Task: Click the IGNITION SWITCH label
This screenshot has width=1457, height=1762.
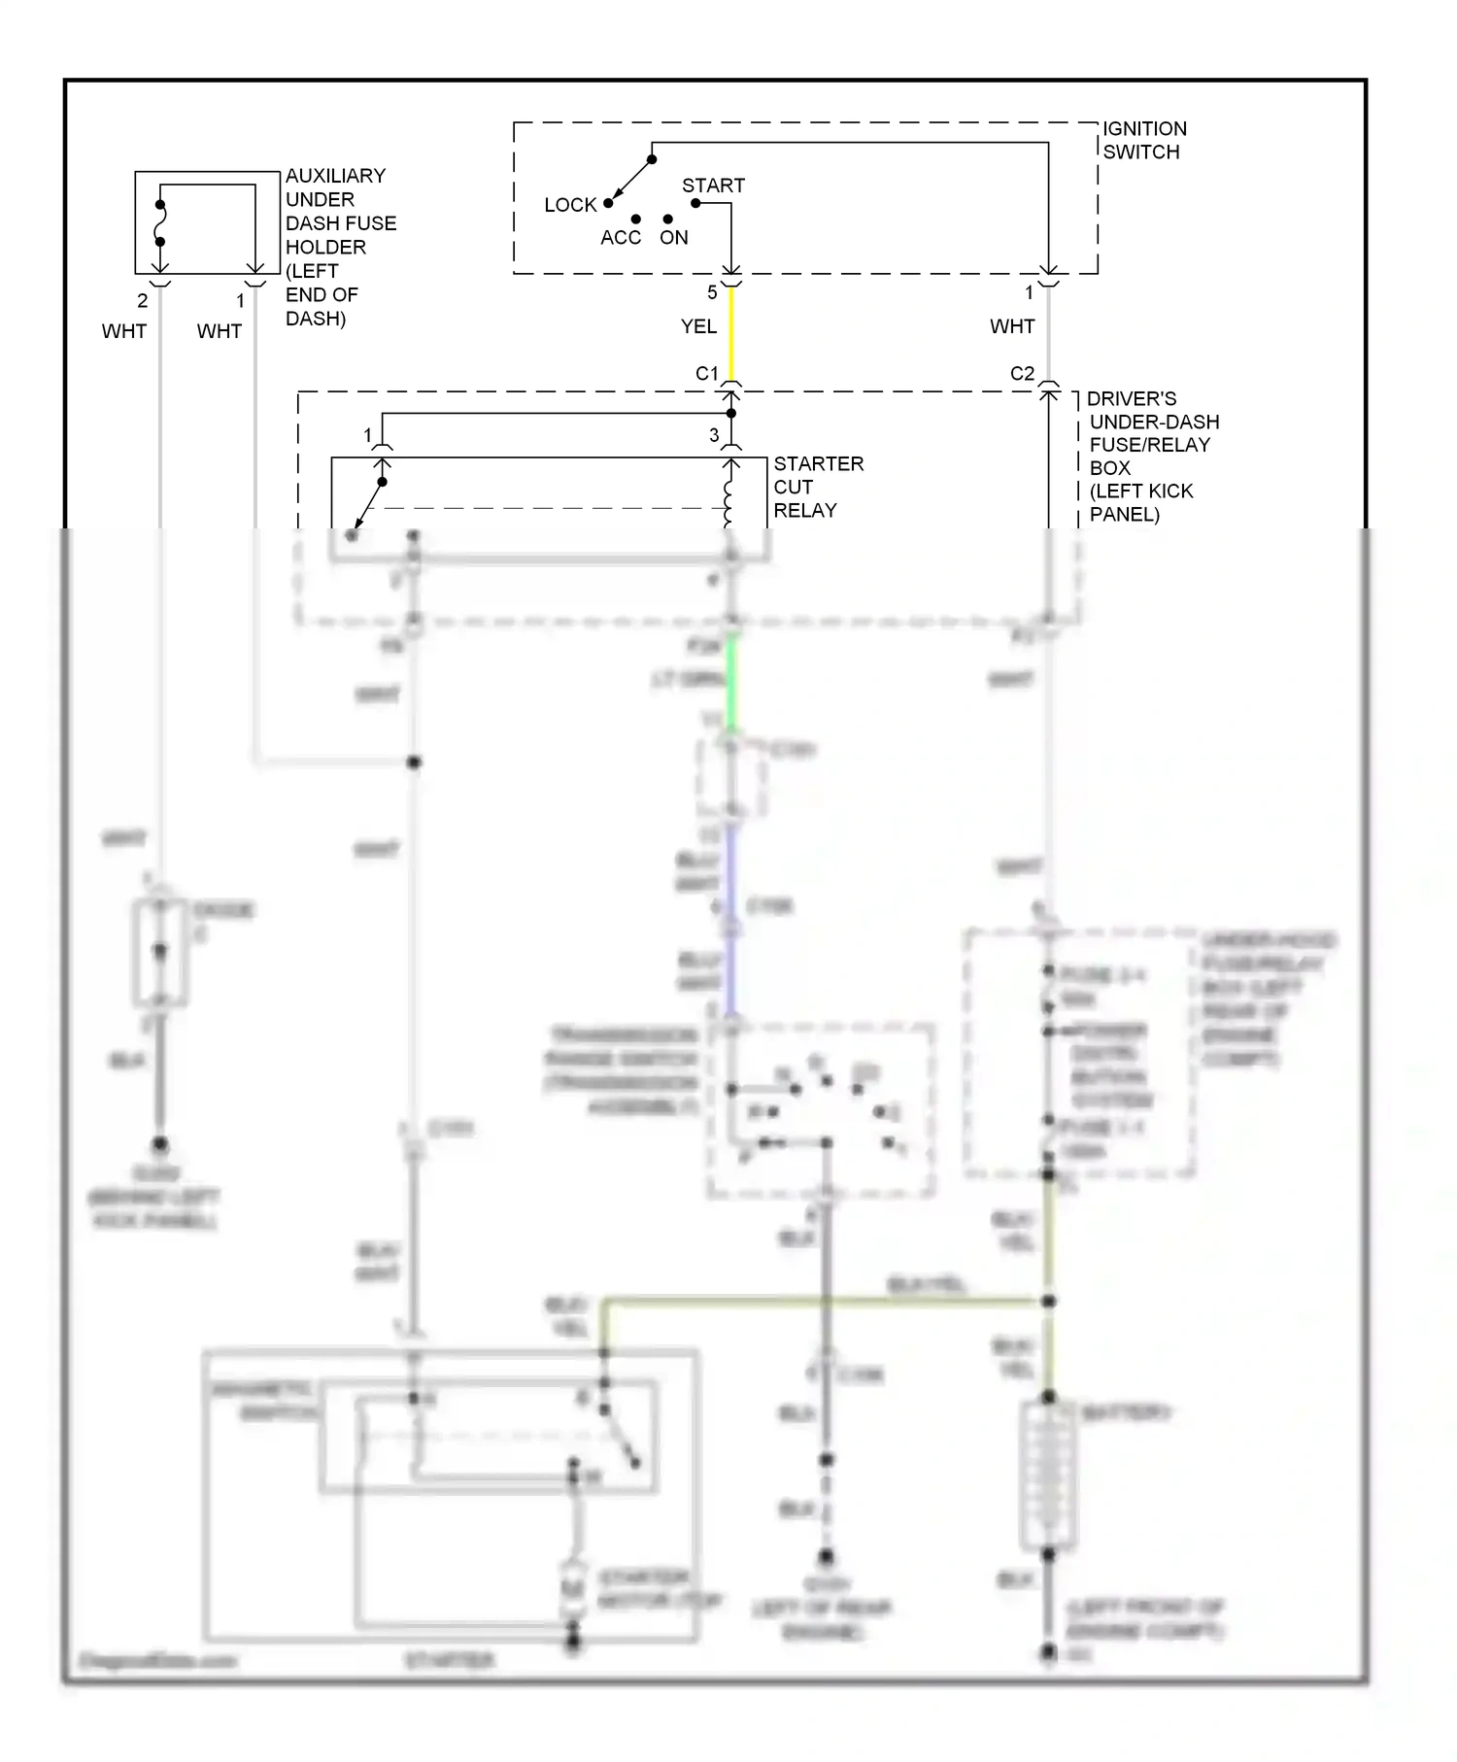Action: [x=1143, y=140]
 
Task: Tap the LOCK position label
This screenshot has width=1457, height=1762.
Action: [x=569, y=205]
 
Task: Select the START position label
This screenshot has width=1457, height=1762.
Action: [x=713, y=186]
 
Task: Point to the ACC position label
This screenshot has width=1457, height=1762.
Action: [x=620, y=238]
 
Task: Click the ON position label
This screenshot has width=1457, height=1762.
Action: [x=673, y=238]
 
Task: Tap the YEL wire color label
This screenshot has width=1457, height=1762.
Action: [x=698, y=326]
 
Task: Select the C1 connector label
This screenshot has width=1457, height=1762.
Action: [x=706, y=374]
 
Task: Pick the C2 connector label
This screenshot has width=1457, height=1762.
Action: [x=1022, y=374]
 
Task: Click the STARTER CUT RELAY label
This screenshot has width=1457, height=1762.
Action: [x=817, y=487]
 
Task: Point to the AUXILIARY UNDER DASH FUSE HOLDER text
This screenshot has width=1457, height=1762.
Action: [x=339, y=247]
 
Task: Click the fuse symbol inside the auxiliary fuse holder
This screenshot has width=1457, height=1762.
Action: [x=160, y=224]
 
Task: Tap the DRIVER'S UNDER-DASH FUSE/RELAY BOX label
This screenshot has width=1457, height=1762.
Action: [x=1151, y=457]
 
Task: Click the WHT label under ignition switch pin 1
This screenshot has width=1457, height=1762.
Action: [x=1011, y=326]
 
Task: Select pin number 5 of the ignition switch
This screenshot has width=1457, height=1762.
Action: [x=712, y=292]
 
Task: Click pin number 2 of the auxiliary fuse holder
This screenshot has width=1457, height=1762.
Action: [x=142, y=301]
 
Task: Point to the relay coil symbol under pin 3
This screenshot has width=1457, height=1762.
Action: [x=729, y=499]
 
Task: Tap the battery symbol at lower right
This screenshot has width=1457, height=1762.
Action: [x=1048, y=1476]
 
